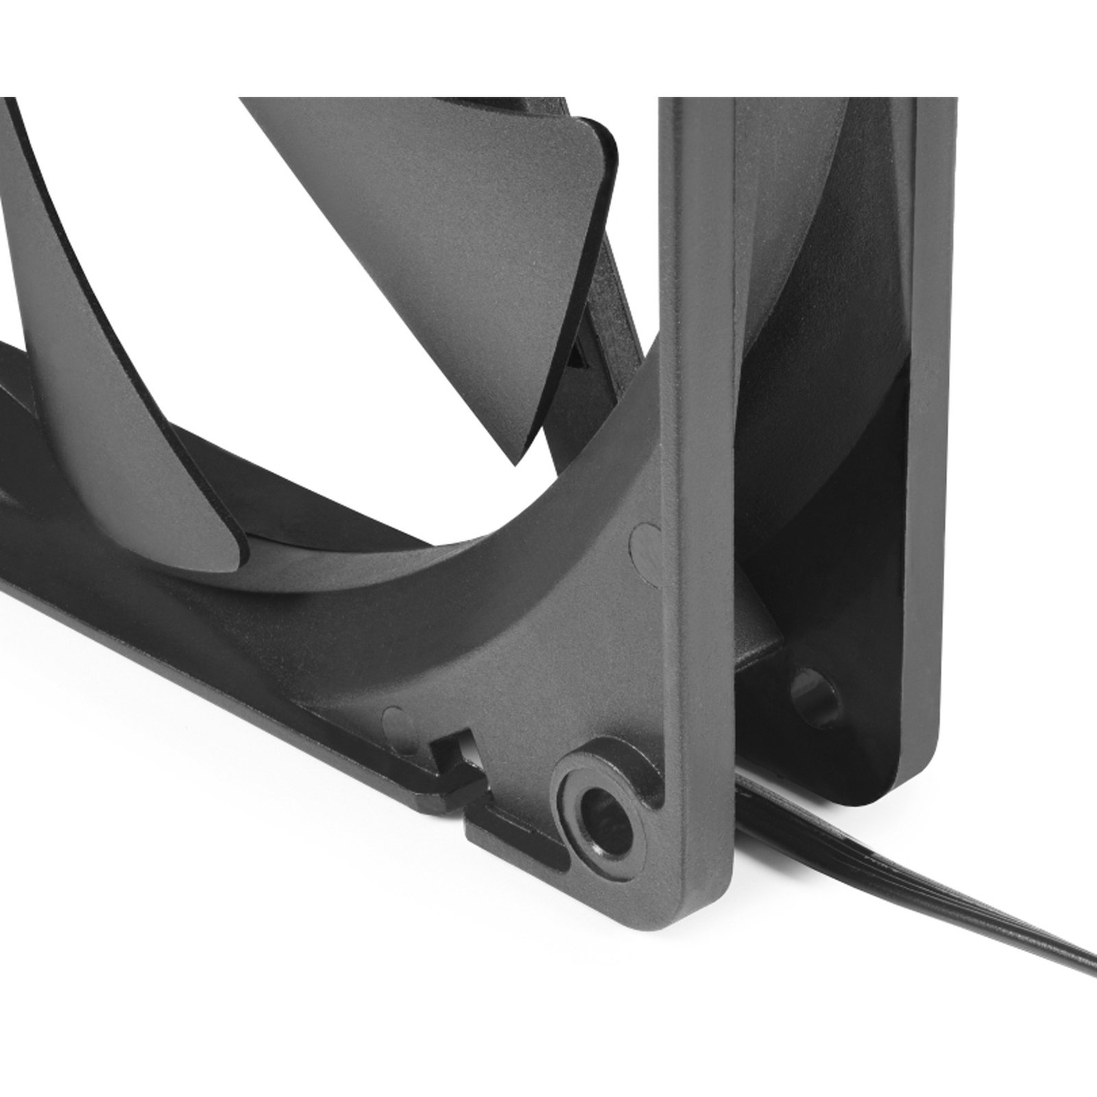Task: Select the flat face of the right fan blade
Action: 446,274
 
